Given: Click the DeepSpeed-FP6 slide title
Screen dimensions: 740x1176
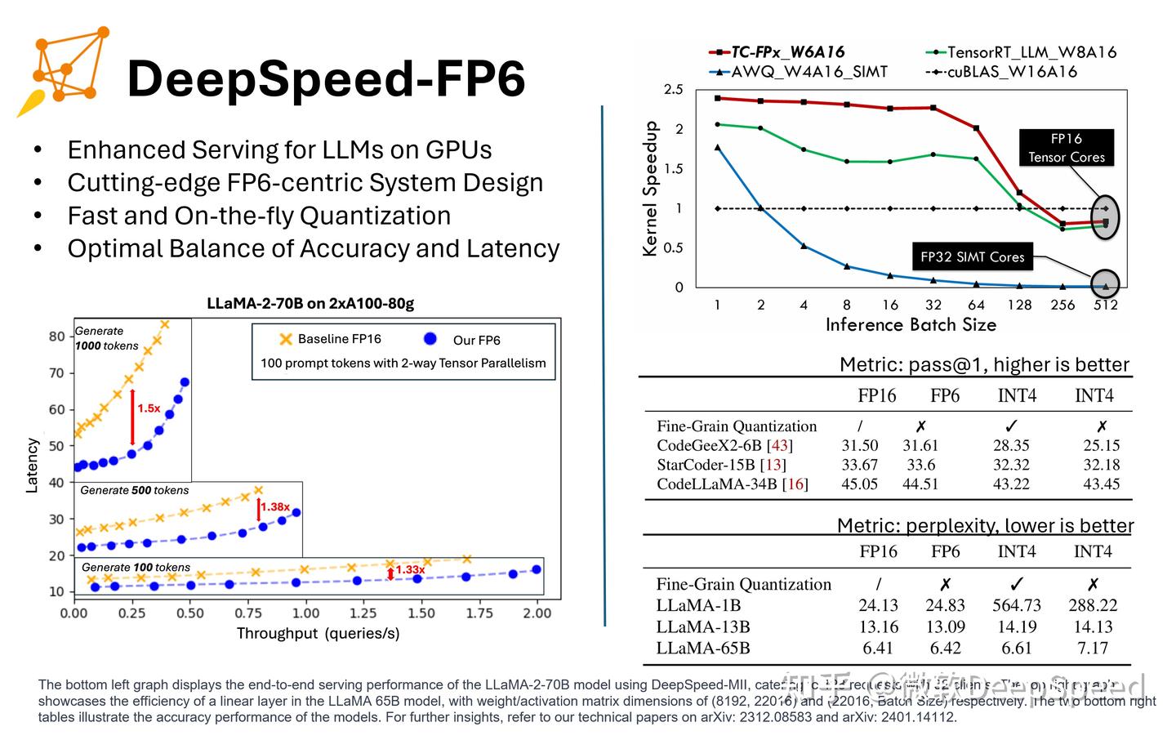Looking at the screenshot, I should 326,79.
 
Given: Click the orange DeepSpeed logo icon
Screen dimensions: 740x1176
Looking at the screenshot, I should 64,71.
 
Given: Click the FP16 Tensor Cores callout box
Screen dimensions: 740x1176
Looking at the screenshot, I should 1066,148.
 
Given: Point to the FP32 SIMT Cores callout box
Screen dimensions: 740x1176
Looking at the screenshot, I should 972,256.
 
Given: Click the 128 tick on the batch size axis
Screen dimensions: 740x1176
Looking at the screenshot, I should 1019,305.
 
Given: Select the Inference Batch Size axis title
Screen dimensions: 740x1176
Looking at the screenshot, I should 911,325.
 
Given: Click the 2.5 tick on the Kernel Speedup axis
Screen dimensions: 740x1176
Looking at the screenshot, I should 673,90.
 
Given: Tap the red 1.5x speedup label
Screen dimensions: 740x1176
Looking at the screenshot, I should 149,408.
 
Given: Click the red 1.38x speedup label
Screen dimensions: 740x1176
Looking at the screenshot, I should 275,506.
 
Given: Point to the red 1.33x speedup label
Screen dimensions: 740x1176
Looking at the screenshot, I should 410,569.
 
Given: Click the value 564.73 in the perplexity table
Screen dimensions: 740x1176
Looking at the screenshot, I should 1017,605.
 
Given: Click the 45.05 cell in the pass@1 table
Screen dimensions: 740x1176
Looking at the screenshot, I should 859,484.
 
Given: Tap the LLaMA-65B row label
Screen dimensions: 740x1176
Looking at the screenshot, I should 702,648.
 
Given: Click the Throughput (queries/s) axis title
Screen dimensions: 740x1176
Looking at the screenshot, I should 318,633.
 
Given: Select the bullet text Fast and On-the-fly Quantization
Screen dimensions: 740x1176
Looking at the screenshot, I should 259,216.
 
